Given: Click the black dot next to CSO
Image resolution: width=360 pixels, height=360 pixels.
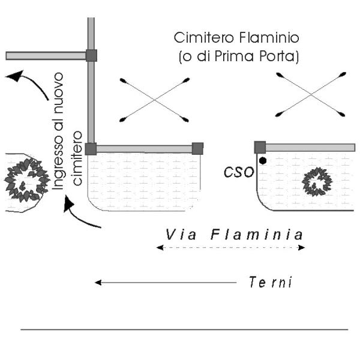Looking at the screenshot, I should pyautogui.click(x=263, y=161).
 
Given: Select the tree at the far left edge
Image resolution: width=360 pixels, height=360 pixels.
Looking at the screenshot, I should pyautogui.click(x=25, y=179).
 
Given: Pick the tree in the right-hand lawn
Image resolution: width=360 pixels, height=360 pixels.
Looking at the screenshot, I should pyautogui.click(x=316, y=182).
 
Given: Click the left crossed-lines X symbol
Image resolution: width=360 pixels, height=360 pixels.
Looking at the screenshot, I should pyautogui.click(x=155, y=100).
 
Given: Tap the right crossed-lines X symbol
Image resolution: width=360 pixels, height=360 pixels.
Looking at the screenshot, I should pyautogui.click(x=312, y=94).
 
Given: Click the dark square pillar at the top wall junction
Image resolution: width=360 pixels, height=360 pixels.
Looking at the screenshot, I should pyautogui.click(x=91, y=55).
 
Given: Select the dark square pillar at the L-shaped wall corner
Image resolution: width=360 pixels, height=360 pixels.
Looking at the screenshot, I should pyautogui.click(x=91, y=149).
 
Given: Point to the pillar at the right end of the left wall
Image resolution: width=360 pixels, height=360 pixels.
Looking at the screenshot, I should pyautogui.click(x=197, y=148).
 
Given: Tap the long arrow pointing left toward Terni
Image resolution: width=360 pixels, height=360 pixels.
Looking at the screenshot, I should pyautogui.click(x=166, y=282).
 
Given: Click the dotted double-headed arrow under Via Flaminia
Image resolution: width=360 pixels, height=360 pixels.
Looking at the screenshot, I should pyautogui.click(x=230, y=247).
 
